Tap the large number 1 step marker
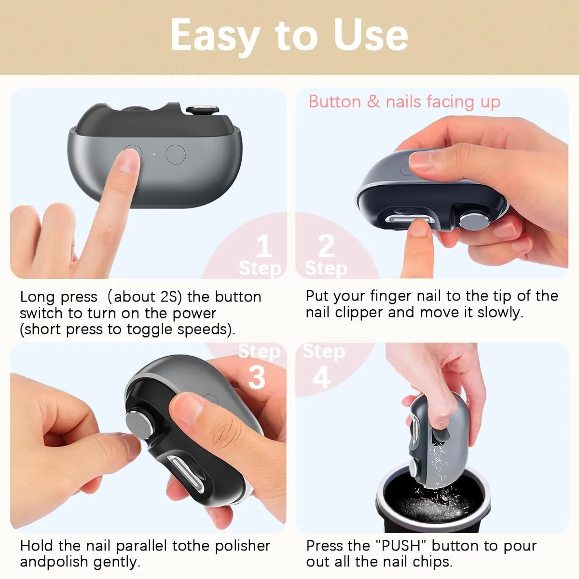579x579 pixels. pyautogui.click(x=263, y=247)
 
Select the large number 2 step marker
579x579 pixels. pyautogui.click(x=326, y=247)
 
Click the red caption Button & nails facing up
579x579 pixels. pyautogui.click(x=404, y=102)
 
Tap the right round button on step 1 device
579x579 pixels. pyautogui.click(x=175, y=154)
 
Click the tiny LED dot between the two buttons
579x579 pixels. pyautogui.click(x=153, y=154)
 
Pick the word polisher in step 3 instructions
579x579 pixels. pyautogui.click(x=242, y=546)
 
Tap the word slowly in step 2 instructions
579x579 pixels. pyautogui.click(x=500, y=313)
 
